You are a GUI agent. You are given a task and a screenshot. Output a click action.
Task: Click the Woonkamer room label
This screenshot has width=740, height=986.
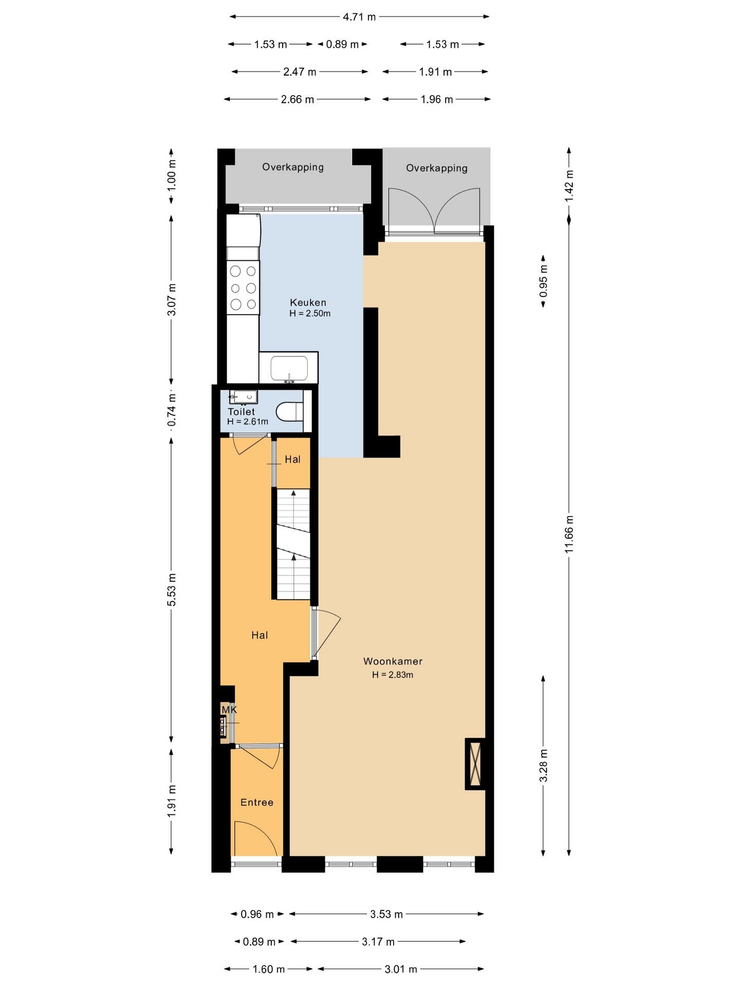point(393,661)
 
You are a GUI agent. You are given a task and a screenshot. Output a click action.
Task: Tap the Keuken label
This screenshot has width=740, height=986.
point(308,302)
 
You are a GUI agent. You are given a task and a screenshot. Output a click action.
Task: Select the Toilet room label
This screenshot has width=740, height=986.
point(242,411)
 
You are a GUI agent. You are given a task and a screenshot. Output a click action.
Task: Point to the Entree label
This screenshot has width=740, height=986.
point(257,802)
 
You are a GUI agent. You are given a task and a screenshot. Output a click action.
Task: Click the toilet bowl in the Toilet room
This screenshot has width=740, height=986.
point(290,411)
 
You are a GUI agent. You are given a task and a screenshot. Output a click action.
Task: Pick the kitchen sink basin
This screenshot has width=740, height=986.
point(289,368)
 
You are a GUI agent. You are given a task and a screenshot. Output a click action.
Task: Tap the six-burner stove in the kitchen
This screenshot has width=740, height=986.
point(243,287)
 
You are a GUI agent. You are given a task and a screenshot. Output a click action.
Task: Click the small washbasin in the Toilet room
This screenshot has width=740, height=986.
point(244,396)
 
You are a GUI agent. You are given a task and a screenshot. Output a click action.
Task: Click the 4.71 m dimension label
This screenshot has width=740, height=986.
point(359,17)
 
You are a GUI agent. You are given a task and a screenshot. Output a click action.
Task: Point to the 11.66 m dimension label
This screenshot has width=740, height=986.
point(569,534)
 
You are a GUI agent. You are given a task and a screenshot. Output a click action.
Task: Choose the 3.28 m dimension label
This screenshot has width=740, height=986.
point(543,766)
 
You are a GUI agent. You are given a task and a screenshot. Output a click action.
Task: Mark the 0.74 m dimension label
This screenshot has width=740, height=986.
point(172,409)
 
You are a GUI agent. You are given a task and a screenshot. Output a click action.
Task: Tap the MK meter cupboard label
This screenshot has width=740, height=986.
point(229,710)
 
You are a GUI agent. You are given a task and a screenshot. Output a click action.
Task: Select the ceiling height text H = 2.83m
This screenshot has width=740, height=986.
point(393,675)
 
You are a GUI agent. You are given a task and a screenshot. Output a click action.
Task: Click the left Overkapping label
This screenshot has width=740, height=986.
point(293,167)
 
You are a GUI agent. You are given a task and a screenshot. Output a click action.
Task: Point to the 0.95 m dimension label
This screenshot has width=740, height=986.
point(543,281)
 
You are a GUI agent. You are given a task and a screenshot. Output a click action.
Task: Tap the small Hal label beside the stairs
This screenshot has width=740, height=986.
point(292,459)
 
